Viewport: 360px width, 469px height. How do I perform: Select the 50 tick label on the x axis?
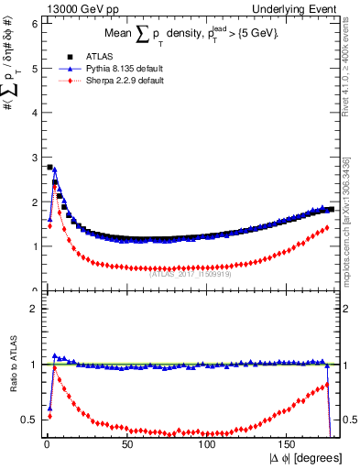[x=127, y=443]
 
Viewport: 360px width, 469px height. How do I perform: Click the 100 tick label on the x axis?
[x=208, y=443]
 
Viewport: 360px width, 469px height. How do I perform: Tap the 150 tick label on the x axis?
[x=288, y=443]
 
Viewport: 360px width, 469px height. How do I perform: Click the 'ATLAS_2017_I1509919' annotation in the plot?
[x=191, y=272]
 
